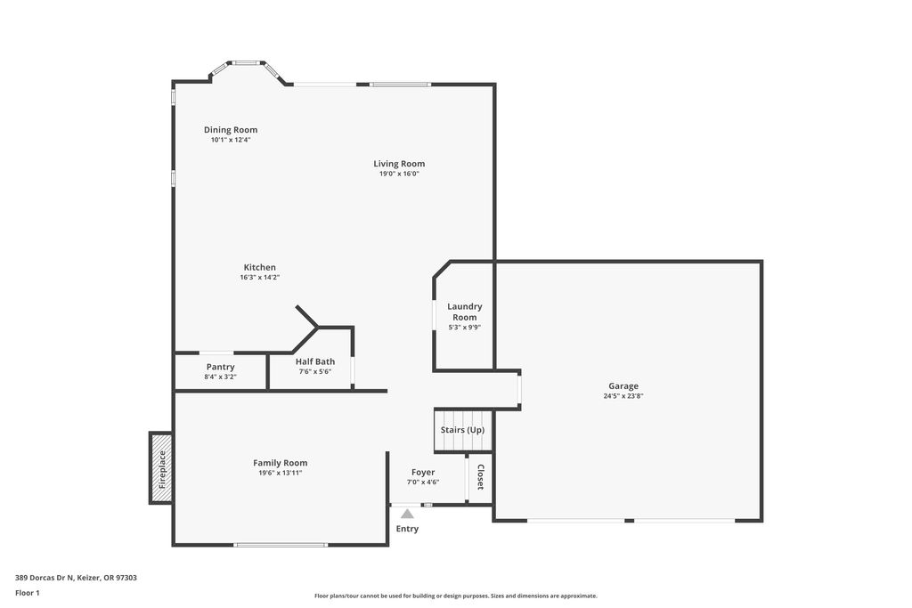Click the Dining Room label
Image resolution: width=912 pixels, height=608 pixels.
point(231,130)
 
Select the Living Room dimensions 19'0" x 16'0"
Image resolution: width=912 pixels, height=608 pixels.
point(399,174)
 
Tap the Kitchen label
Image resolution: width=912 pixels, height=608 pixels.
point(259,267)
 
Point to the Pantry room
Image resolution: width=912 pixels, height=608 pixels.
point(221,371)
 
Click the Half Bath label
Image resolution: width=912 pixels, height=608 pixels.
point(315,361)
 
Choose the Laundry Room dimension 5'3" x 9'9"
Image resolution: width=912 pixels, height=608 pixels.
point(464,328)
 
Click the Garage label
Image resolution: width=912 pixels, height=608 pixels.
point(623,386)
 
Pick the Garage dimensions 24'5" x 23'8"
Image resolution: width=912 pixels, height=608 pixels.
point(623,396)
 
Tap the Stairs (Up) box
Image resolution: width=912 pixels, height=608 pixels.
point(463,430)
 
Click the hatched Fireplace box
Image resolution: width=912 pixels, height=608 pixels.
point(161,468)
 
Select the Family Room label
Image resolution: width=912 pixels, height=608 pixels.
point(281,463)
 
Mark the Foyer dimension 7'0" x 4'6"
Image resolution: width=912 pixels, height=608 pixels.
point(423,482)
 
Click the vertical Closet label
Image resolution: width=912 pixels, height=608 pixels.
point(480,476)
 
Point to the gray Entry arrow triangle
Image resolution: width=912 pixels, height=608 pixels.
point(407,514)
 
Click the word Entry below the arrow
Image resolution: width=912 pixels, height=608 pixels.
point(407,529)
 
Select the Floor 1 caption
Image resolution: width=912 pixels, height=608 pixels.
point(28,593)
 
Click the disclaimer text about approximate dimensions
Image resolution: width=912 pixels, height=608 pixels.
point(455,596)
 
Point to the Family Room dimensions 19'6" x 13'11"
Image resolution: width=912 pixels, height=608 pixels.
point(281,474)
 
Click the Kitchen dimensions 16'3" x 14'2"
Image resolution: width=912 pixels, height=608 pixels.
point(259,277)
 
